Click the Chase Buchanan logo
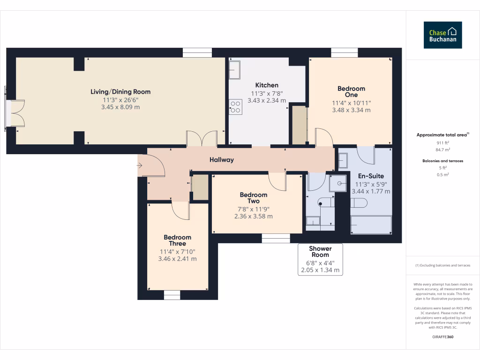[x=442, y=35]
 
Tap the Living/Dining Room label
[x=120, y=91]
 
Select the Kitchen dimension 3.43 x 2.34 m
[x=267, y=100]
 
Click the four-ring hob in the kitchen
[x=235, y=107]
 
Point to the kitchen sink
[x=235, y=70]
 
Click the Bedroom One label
[x=351, y=91]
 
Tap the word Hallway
[x=222, y=159]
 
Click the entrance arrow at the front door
[x=139, y=165]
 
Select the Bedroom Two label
[x=254, y=198]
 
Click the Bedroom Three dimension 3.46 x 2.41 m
[x=177, y=259]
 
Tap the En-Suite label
[x=371, y=176]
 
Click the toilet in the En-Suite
[x=359, y=203]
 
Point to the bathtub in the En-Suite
[x=371, y=225]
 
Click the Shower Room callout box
[x=320, y=259]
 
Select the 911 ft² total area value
[x=442, y=142]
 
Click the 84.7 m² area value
[x=442, y=150]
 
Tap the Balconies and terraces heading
[x=442, y=161]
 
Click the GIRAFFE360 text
[x=442, y=337]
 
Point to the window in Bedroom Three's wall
[x=172, y=295]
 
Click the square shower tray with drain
[x=337, y=183]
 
